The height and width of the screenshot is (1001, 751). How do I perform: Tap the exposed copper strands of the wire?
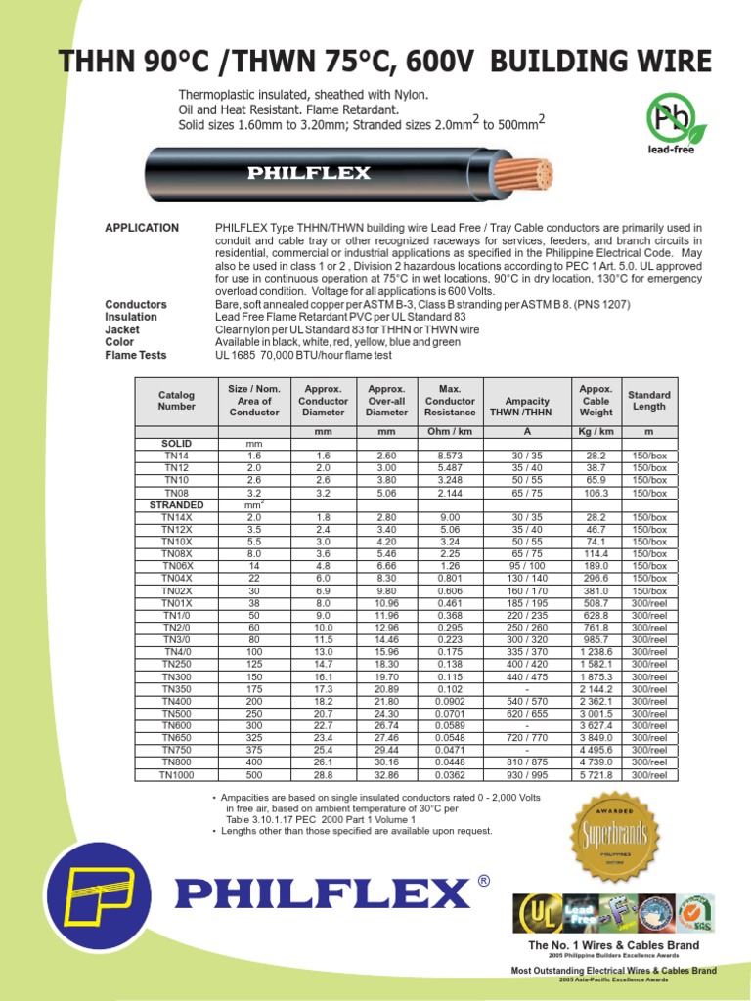pyautogui.click(x=529, y=174)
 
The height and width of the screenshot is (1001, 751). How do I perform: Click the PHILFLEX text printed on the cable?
pyautogui.click(x=308, y=174)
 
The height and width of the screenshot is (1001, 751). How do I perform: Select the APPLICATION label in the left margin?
pyautogui.click(x=142, y=228)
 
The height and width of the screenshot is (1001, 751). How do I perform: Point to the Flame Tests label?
pyautogui.click(x=136, y=356)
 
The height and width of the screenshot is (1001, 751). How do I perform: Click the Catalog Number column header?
pyautogui.click(x=176, y=401)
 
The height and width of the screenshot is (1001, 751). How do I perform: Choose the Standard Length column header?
pyautogui.click(x=649, y=401)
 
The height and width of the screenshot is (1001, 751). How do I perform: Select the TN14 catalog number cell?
pyautogui.click(x=176, y=457)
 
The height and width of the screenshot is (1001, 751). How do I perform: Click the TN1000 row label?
pyautogui.click(x=176, y=775)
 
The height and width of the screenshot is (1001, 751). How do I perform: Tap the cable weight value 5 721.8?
pyautogui.click(x=596, y=775)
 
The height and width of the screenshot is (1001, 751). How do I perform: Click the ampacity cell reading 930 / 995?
pyautogui.click(x=526, y=775)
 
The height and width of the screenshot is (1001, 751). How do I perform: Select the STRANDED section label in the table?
pyautogui.click(x=176, y=505)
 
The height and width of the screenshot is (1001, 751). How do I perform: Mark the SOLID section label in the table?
pyautogui.click(x=176, y=444)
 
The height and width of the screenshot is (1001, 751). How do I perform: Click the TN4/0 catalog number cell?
pyautogui.click(x=176, y=652)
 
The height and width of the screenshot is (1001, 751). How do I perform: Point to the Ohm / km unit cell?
pyautogui.click(x=450, y=431)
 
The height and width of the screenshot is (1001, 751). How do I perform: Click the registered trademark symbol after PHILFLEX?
pyautogui.click(x=483, y=883)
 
